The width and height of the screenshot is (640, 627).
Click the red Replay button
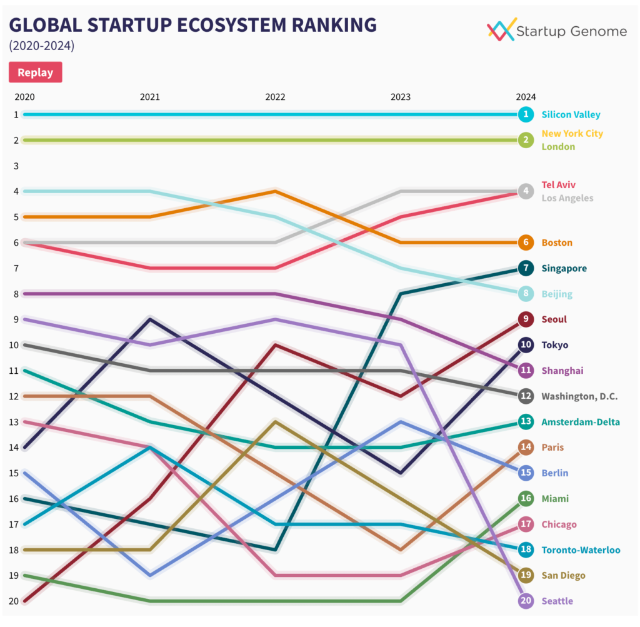coord(35,73)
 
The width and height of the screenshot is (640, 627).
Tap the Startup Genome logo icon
coord(501,29)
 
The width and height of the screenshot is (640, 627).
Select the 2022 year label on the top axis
coord(275,97)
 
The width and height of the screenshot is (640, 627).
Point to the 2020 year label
coord(24,97)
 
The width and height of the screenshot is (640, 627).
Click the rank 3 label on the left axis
coord(16,166)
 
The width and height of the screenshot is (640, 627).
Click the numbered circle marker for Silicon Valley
coord(526,114)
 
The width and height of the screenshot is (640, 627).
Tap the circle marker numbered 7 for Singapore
coord(526,268)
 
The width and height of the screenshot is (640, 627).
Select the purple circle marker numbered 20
coord(526,601)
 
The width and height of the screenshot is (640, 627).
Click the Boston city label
coord(557,243)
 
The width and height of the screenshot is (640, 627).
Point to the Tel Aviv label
coord(559,185)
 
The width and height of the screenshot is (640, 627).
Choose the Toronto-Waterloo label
coord(581,550)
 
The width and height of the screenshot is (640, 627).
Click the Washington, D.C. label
coord(579,396)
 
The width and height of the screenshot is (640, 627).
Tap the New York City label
coord(572,133)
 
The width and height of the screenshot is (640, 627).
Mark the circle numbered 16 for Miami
coord(526,498)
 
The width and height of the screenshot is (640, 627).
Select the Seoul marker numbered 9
coord(526,319)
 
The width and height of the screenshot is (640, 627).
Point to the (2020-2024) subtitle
coord(41,46)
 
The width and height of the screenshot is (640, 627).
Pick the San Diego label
coord(563,575)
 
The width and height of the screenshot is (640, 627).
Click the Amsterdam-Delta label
coord(581,422)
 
